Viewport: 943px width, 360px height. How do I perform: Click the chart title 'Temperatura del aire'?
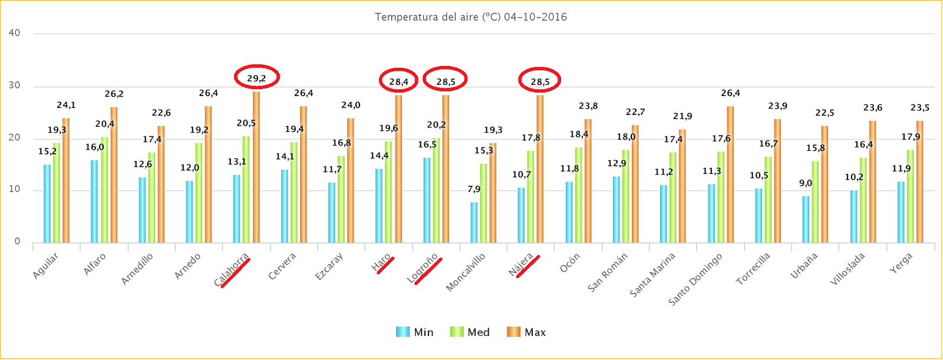point(470,17)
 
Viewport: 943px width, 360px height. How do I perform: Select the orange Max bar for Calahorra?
point(256,167)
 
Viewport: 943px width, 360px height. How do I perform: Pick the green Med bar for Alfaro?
point(104,190)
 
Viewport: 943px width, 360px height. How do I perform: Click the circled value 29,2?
point(256,77)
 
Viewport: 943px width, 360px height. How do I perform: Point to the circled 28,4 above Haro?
point(398,81)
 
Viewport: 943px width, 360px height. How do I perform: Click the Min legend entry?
point(415,332)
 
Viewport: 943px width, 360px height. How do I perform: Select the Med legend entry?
point(470,332)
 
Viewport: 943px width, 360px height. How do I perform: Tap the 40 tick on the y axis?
point(14,33)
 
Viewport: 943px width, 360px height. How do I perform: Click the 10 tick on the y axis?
point(14,190)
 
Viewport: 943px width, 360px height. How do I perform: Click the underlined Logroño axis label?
point(423,269)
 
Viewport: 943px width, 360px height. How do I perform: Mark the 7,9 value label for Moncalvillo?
point(474,189)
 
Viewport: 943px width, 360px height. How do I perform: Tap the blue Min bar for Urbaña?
point(806,219)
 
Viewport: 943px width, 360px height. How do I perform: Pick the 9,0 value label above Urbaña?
point(806,183)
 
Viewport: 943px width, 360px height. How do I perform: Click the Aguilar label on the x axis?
point(45,266)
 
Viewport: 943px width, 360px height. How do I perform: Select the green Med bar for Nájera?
point(530,197)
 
